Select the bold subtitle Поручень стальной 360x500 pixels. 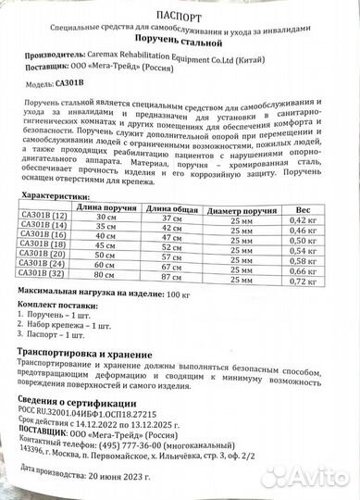pyautogui.click(x=183, y=42)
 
